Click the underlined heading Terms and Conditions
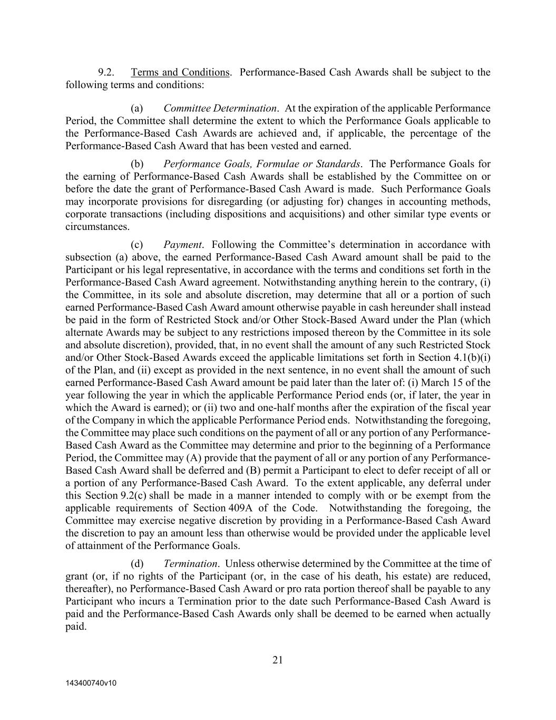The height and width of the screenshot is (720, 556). point(180,72)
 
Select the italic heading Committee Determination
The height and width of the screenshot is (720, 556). point(220,108)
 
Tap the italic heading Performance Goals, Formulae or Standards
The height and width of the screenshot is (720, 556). point(262,164)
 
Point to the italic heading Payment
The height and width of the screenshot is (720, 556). point(182,244)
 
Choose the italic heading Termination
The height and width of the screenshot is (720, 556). point(191,563)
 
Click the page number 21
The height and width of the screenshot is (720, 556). point(278,659)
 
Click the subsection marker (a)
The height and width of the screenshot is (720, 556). point(137,108)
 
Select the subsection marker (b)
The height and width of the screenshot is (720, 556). point(137,164)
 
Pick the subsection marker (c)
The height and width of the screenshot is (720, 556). point(137,244)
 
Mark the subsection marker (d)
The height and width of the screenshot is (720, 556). point(137,563)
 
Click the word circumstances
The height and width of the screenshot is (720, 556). point(97,227)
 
